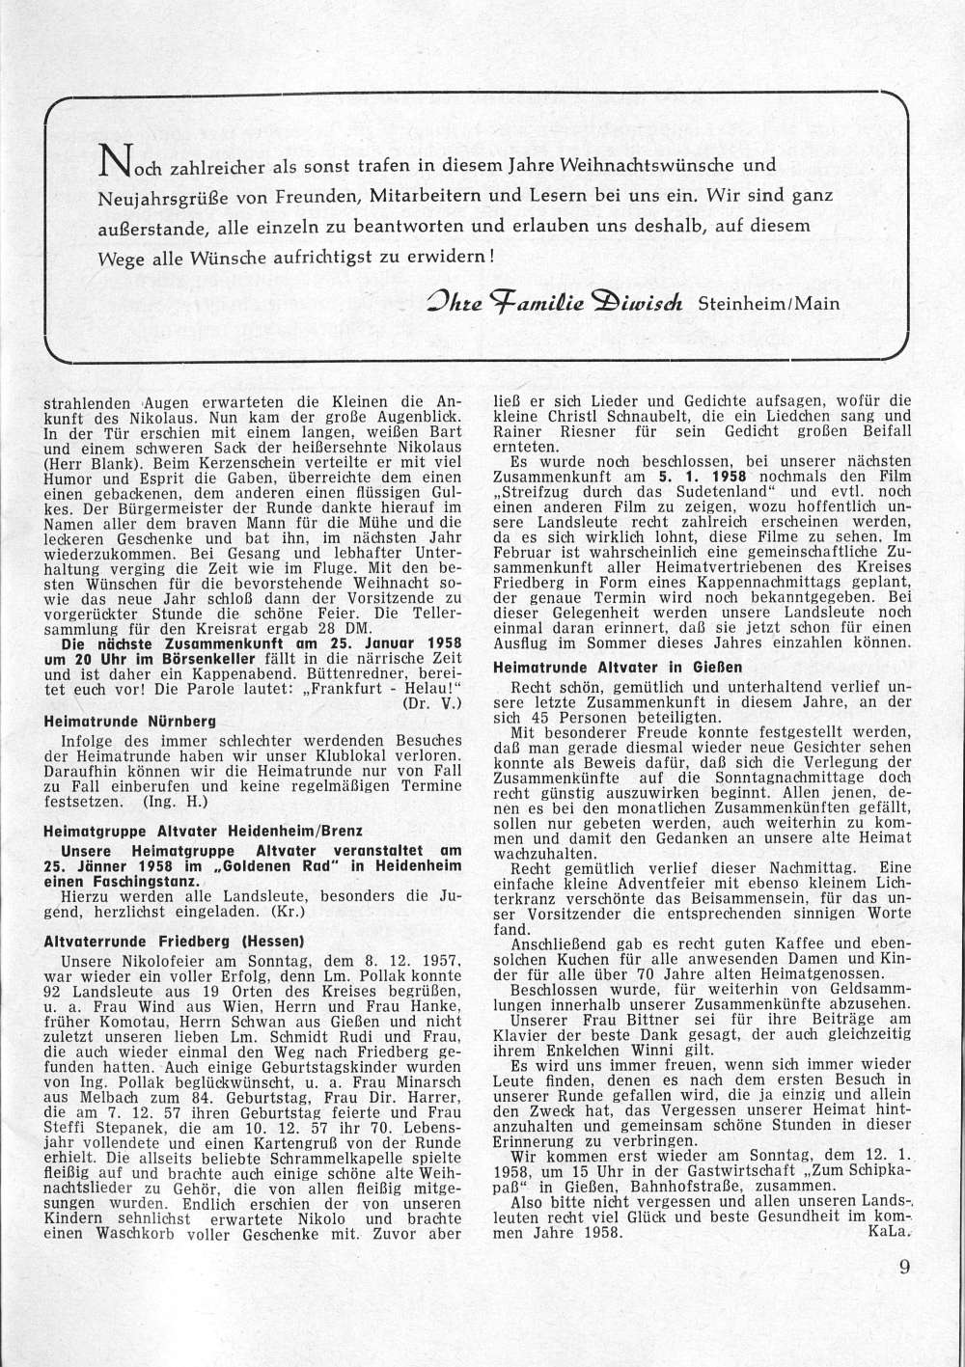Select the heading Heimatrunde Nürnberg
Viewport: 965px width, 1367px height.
click(x=130, y=720)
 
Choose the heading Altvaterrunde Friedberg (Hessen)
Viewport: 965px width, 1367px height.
click(x=175, y=940)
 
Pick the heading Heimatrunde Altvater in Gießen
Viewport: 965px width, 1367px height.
click(x=618, y=666)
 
